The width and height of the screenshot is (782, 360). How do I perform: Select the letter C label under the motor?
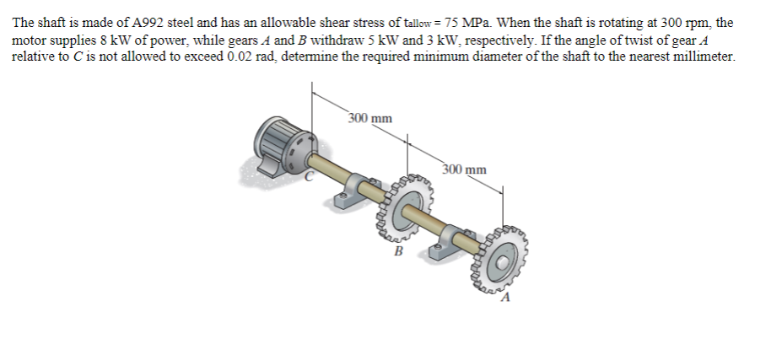[310, 176]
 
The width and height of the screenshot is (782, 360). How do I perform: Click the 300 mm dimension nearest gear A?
[464, 169]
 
